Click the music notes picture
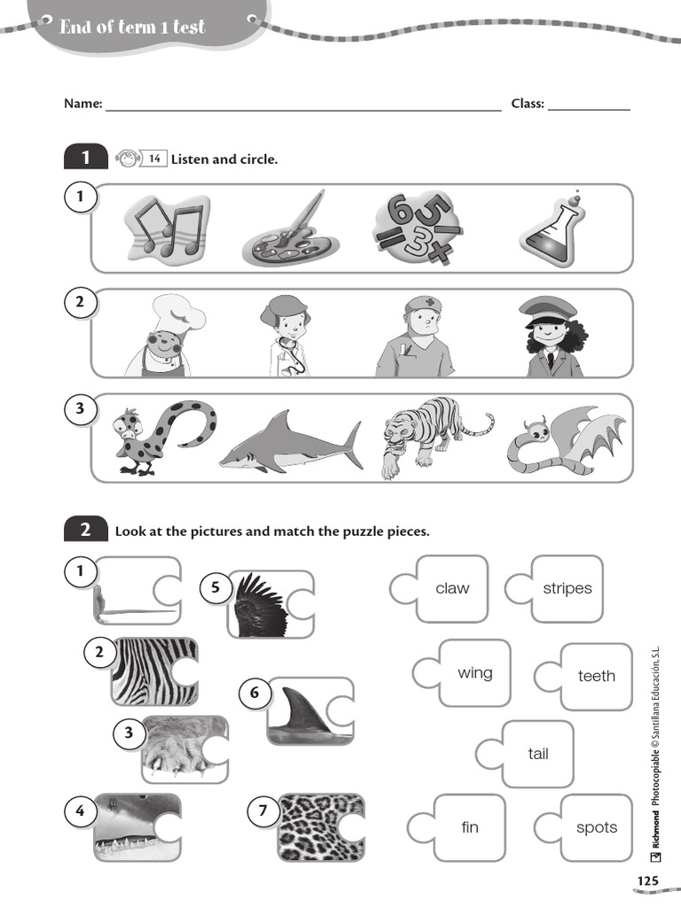coord(166,229)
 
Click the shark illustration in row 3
coord(292,441)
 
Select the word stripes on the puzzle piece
coord(567,589)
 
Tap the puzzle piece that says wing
coord(474,673)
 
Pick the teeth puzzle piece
coord(596,677)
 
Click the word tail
coord(537,755)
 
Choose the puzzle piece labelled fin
coord(469,827)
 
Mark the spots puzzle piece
coord(596,827)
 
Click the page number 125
coord(647,880)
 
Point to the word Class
coord(528,104)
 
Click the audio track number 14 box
coord(154,159)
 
